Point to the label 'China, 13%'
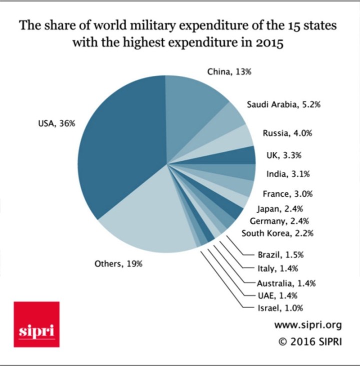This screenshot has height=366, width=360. coord(229,72)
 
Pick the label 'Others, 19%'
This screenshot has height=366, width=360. coord(118,264)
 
